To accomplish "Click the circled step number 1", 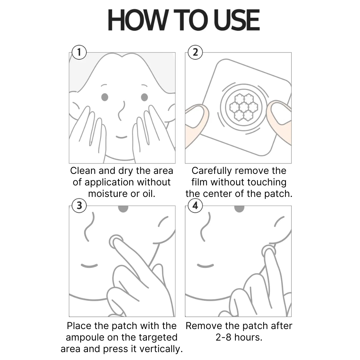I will tap(79, 53).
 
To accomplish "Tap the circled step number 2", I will tap(195, 53).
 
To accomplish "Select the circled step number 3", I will tap(79, 206).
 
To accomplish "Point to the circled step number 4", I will tap(195, 206).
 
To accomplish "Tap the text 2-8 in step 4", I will tap(218, 338).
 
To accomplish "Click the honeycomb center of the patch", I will tap(244, 107).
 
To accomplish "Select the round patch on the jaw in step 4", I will tap(269, 249).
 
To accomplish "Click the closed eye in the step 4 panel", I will tap(205, 266).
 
